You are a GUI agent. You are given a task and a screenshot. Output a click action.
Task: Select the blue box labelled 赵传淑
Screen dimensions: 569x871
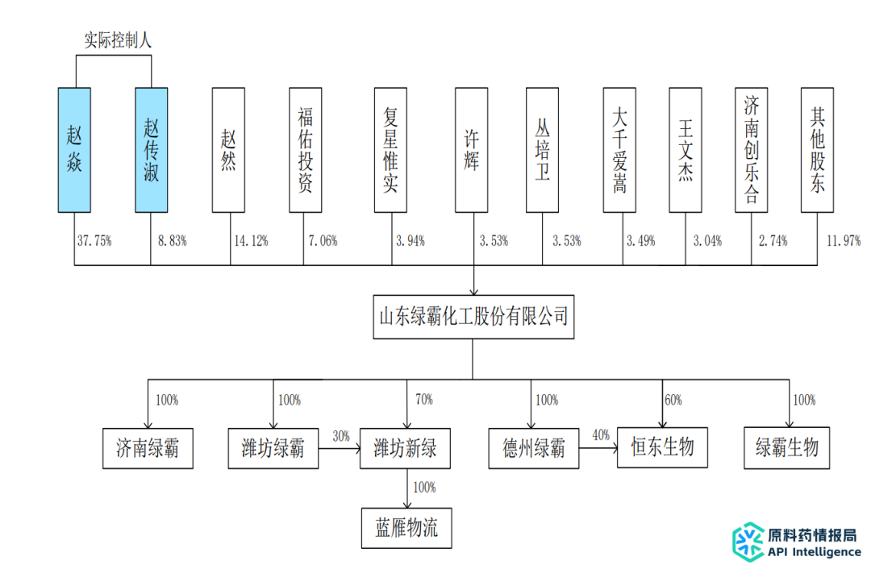(151, 150)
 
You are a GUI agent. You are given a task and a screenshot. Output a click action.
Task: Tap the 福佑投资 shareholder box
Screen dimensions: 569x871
(305, 150)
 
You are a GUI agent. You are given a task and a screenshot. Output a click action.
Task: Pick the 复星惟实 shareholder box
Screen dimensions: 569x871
(390, 150)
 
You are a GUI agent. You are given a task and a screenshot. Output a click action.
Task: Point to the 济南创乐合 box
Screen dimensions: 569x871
(751, 150)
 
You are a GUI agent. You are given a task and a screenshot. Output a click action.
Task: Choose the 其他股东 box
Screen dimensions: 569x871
(816, 150)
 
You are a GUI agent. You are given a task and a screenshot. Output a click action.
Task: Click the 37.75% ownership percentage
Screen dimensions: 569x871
(94, 241)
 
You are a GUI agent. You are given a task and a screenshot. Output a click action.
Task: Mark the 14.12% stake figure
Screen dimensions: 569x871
(250, 241)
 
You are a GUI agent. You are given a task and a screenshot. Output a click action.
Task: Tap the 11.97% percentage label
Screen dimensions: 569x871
(844, 241)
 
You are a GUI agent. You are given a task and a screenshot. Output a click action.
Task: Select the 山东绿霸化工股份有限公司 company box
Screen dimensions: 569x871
(473, 316)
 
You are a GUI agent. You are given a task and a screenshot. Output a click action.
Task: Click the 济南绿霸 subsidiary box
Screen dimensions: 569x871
(148, 449)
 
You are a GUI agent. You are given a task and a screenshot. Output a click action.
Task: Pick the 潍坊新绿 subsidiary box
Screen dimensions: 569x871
(405, 449)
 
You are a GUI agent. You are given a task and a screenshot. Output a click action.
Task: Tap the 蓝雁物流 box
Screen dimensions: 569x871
(406, 528)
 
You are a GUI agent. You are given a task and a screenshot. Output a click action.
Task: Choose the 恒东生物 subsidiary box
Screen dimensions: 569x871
(662, 447)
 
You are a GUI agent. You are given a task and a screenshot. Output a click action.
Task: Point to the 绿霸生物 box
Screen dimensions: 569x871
(786, 447)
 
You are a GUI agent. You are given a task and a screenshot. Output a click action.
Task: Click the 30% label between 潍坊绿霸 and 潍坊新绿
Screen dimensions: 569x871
(340, 436)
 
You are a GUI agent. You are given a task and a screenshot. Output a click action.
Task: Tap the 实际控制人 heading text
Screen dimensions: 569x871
(118, 38)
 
